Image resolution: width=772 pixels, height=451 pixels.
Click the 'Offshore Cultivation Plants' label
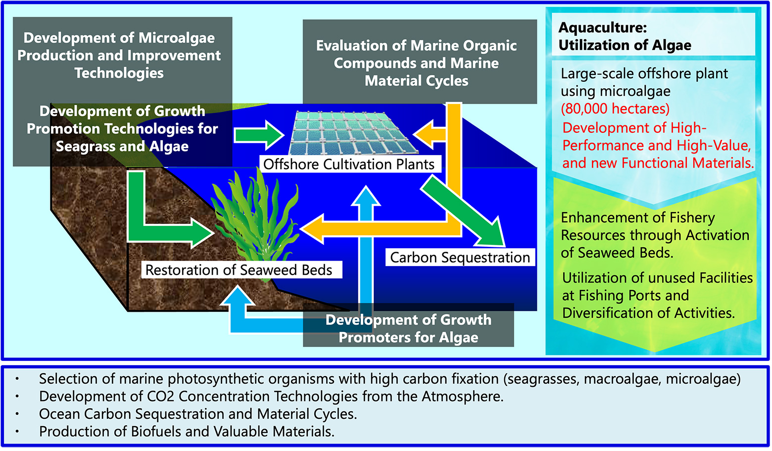349,165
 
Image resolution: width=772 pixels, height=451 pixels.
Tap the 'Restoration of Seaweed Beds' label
239,270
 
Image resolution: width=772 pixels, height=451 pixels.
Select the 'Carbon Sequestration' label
460,258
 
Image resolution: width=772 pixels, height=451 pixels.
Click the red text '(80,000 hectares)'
615,109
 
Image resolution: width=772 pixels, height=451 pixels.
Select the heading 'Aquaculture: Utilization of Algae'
625,37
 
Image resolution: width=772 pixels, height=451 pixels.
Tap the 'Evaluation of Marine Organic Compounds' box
417,63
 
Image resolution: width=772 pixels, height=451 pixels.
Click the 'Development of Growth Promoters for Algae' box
408,329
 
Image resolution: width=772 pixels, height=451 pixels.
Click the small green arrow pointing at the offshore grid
258,135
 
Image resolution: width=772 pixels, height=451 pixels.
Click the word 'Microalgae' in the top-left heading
177,38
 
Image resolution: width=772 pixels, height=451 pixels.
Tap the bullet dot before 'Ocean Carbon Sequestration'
17,414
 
